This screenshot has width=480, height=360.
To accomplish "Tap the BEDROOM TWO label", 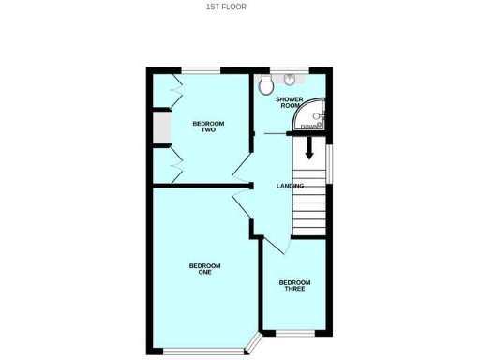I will tap(204, 127).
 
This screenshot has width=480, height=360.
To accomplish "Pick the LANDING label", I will tap(289, 186).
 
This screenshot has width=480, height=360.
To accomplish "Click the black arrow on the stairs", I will tap(308, 148).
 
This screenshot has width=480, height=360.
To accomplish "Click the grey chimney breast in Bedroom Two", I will tap(160, 128).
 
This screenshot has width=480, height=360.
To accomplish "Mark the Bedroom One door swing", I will tap(241, 200).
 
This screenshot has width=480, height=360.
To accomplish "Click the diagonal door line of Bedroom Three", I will tap(276, 253).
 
